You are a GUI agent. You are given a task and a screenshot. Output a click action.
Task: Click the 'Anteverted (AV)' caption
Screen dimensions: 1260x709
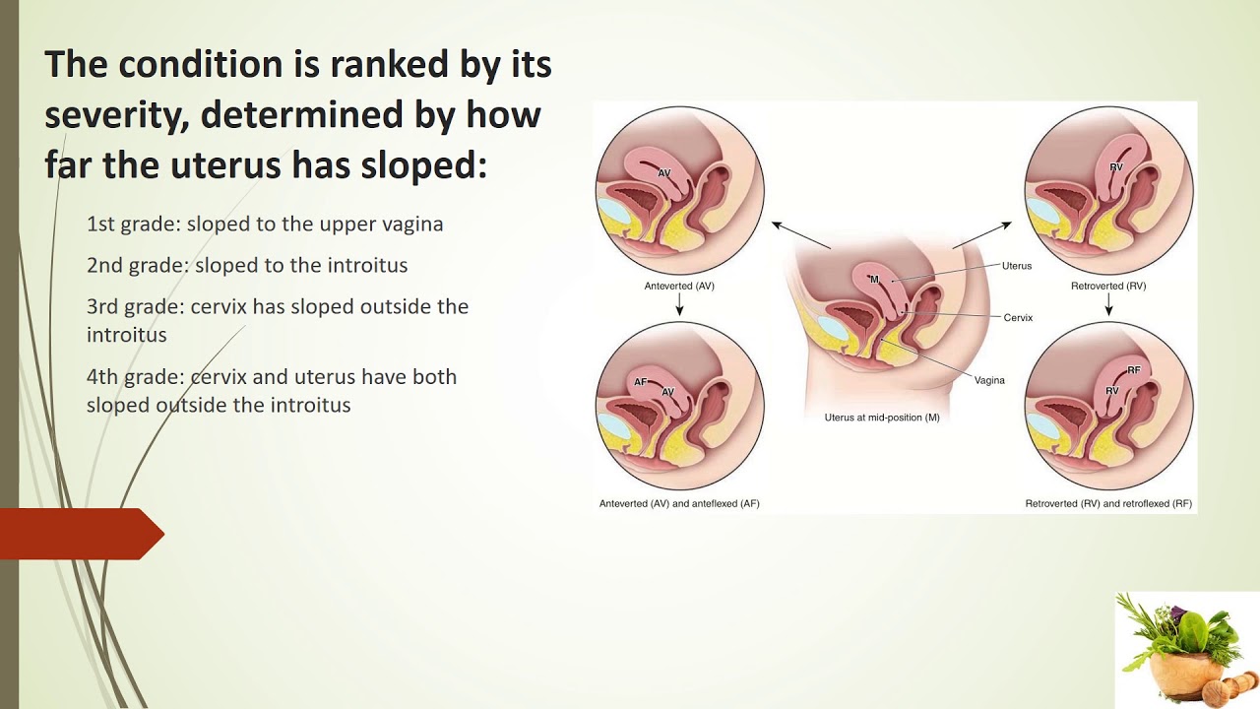tap(679, 286)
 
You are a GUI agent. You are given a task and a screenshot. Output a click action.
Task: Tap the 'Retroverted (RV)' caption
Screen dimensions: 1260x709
tap(1108, 286)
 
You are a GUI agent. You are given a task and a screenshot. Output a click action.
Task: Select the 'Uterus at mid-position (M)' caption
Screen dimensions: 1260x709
tap(882, 418)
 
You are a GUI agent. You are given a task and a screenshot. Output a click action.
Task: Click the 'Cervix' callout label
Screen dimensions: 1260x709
tap(1018, 318)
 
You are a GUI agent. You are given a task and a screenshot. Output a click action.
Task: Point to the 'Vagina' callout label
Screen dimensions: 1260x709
tap(989, 380)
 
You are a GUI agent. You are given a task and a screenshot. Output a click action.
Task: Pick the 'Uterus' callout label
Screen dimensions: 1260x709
tap(1017, 266)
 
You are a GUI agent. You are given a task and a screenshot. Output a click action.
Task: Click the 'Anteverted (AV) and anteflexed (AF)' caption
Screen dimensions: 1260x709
tap(679, 503)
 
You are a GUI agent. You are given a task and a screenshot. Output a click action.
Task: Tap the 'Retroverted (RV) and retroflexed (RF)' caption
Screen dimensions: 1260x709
tap(1108, 503)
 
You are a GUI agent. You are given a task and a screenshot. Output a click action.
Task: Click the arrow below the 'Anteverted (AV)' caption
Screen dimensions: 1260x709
tap(679, 304)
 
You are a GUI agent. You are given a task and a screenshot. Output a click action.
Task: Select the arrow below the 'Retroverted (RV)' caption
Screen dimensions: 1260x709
tap(1108, 304)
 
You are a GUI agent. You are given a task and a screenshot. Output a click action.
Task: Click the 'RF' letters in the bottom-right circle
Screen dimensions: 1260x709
tap(1134, 369)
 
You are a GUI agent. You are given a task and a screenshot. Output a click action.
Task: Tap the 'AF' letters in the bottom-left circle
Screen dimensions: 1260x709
tap(641, 381)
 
